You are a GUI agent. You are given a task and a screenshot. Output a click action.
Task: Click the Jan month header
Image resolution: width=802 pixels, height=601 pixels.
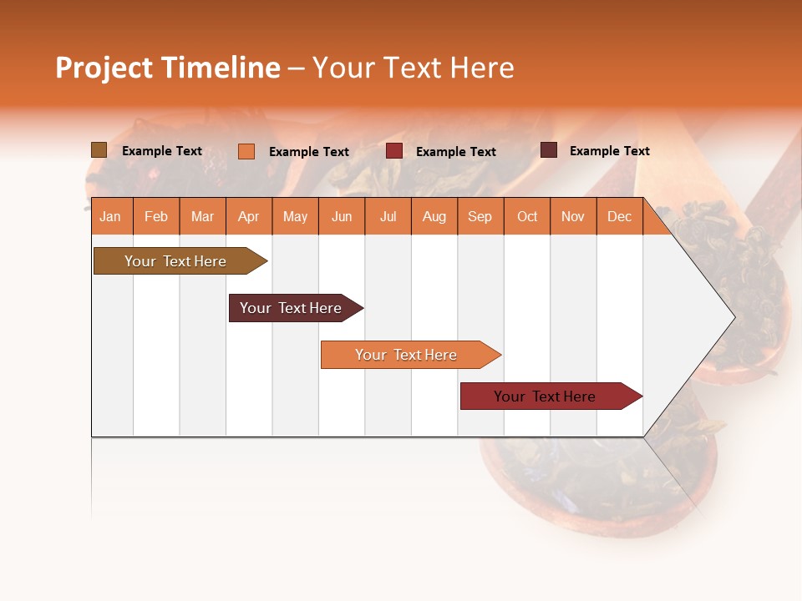click(110, 216)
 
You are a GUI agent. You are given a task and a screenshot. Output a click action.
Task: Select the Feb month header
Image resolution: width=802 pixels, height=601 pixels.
click(156, 216)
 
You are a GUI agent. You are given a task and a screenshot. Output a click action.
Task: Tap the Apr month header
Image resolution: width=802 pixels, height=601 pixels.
click(248, 216)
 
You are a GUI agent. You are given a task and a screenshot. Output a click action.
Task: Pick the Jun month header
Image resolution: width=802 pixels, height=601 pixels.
click(342, 216)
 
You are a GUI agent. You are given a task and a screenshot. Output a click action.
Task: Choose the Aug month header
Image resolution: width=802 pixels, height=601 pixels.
click(434, 216)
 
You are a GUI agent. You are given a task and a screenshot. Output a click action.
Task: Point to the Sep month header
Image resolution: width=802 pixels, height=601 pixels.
click(480, 216)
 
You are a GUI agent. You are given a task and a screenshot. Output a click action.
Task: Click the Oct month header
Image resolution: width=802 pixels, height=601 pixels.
click(527, 216)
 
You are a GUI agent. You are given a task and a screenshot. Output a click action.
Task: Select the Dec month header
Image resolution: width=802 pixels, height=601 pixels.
click(619, 216)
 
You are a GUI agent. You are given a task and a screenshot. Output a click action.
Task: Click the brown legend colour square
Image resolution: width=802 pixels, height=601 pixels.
click(99, 150)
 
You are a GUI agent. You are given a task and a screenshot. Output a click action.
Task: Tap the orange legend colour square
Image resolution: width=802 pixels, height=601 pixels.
click(246, 151)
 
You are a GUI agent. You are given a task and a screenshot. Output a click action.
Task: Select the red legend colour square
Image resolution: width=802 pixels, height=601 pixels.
click(394, 151)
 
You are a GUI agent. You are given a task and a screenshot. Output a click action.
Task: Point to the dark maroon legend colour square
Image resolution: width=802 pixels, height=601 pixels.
click(548, 150)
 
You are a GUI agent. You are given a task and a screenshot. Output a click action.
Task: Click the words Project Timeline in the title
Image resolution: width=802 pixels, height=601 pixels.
click(167, 68)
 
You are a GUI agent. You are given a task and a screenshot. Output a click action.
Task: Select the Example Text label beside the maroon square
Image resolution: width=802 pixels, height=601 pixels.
click(609, 151)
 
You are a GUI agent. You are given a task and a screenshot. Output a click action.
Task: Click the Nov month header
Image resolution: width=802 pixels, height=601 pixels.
click(573, 216)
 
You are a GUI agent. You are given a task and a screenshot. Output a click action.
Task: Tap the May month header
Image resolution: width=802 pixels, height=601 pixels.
click(295, 216)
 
